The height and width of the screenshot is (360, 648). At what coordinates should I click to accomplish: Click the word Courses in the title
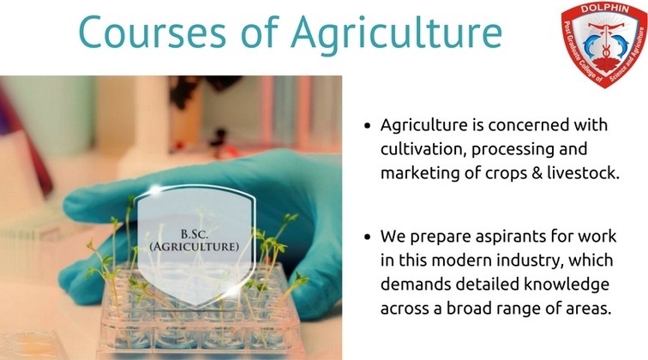(152, 32)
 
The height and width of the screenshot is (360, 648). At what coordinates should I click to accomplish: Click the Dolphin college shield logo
(603, 45)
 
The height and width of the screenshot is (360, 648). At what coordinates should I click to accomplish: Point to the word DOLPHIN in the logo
(605, 9)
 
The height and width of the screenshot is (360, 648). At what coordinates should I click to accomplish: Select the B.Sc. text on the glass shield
(195, 234)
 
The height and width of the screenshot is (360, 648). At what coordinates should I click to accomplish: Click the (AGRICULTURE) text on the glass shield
(195, 247)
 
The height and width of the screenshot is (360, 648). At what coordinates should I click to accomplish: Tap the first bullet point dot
(368, 126)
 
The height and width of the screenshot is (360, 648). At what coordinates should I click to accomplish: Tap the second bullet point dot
(368, 237)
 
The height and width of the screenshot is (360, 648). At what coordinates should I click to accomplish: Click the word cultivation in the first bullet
(423, 149)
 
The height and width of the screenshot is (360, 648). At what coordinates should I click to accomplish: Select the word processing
(513, 150)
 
